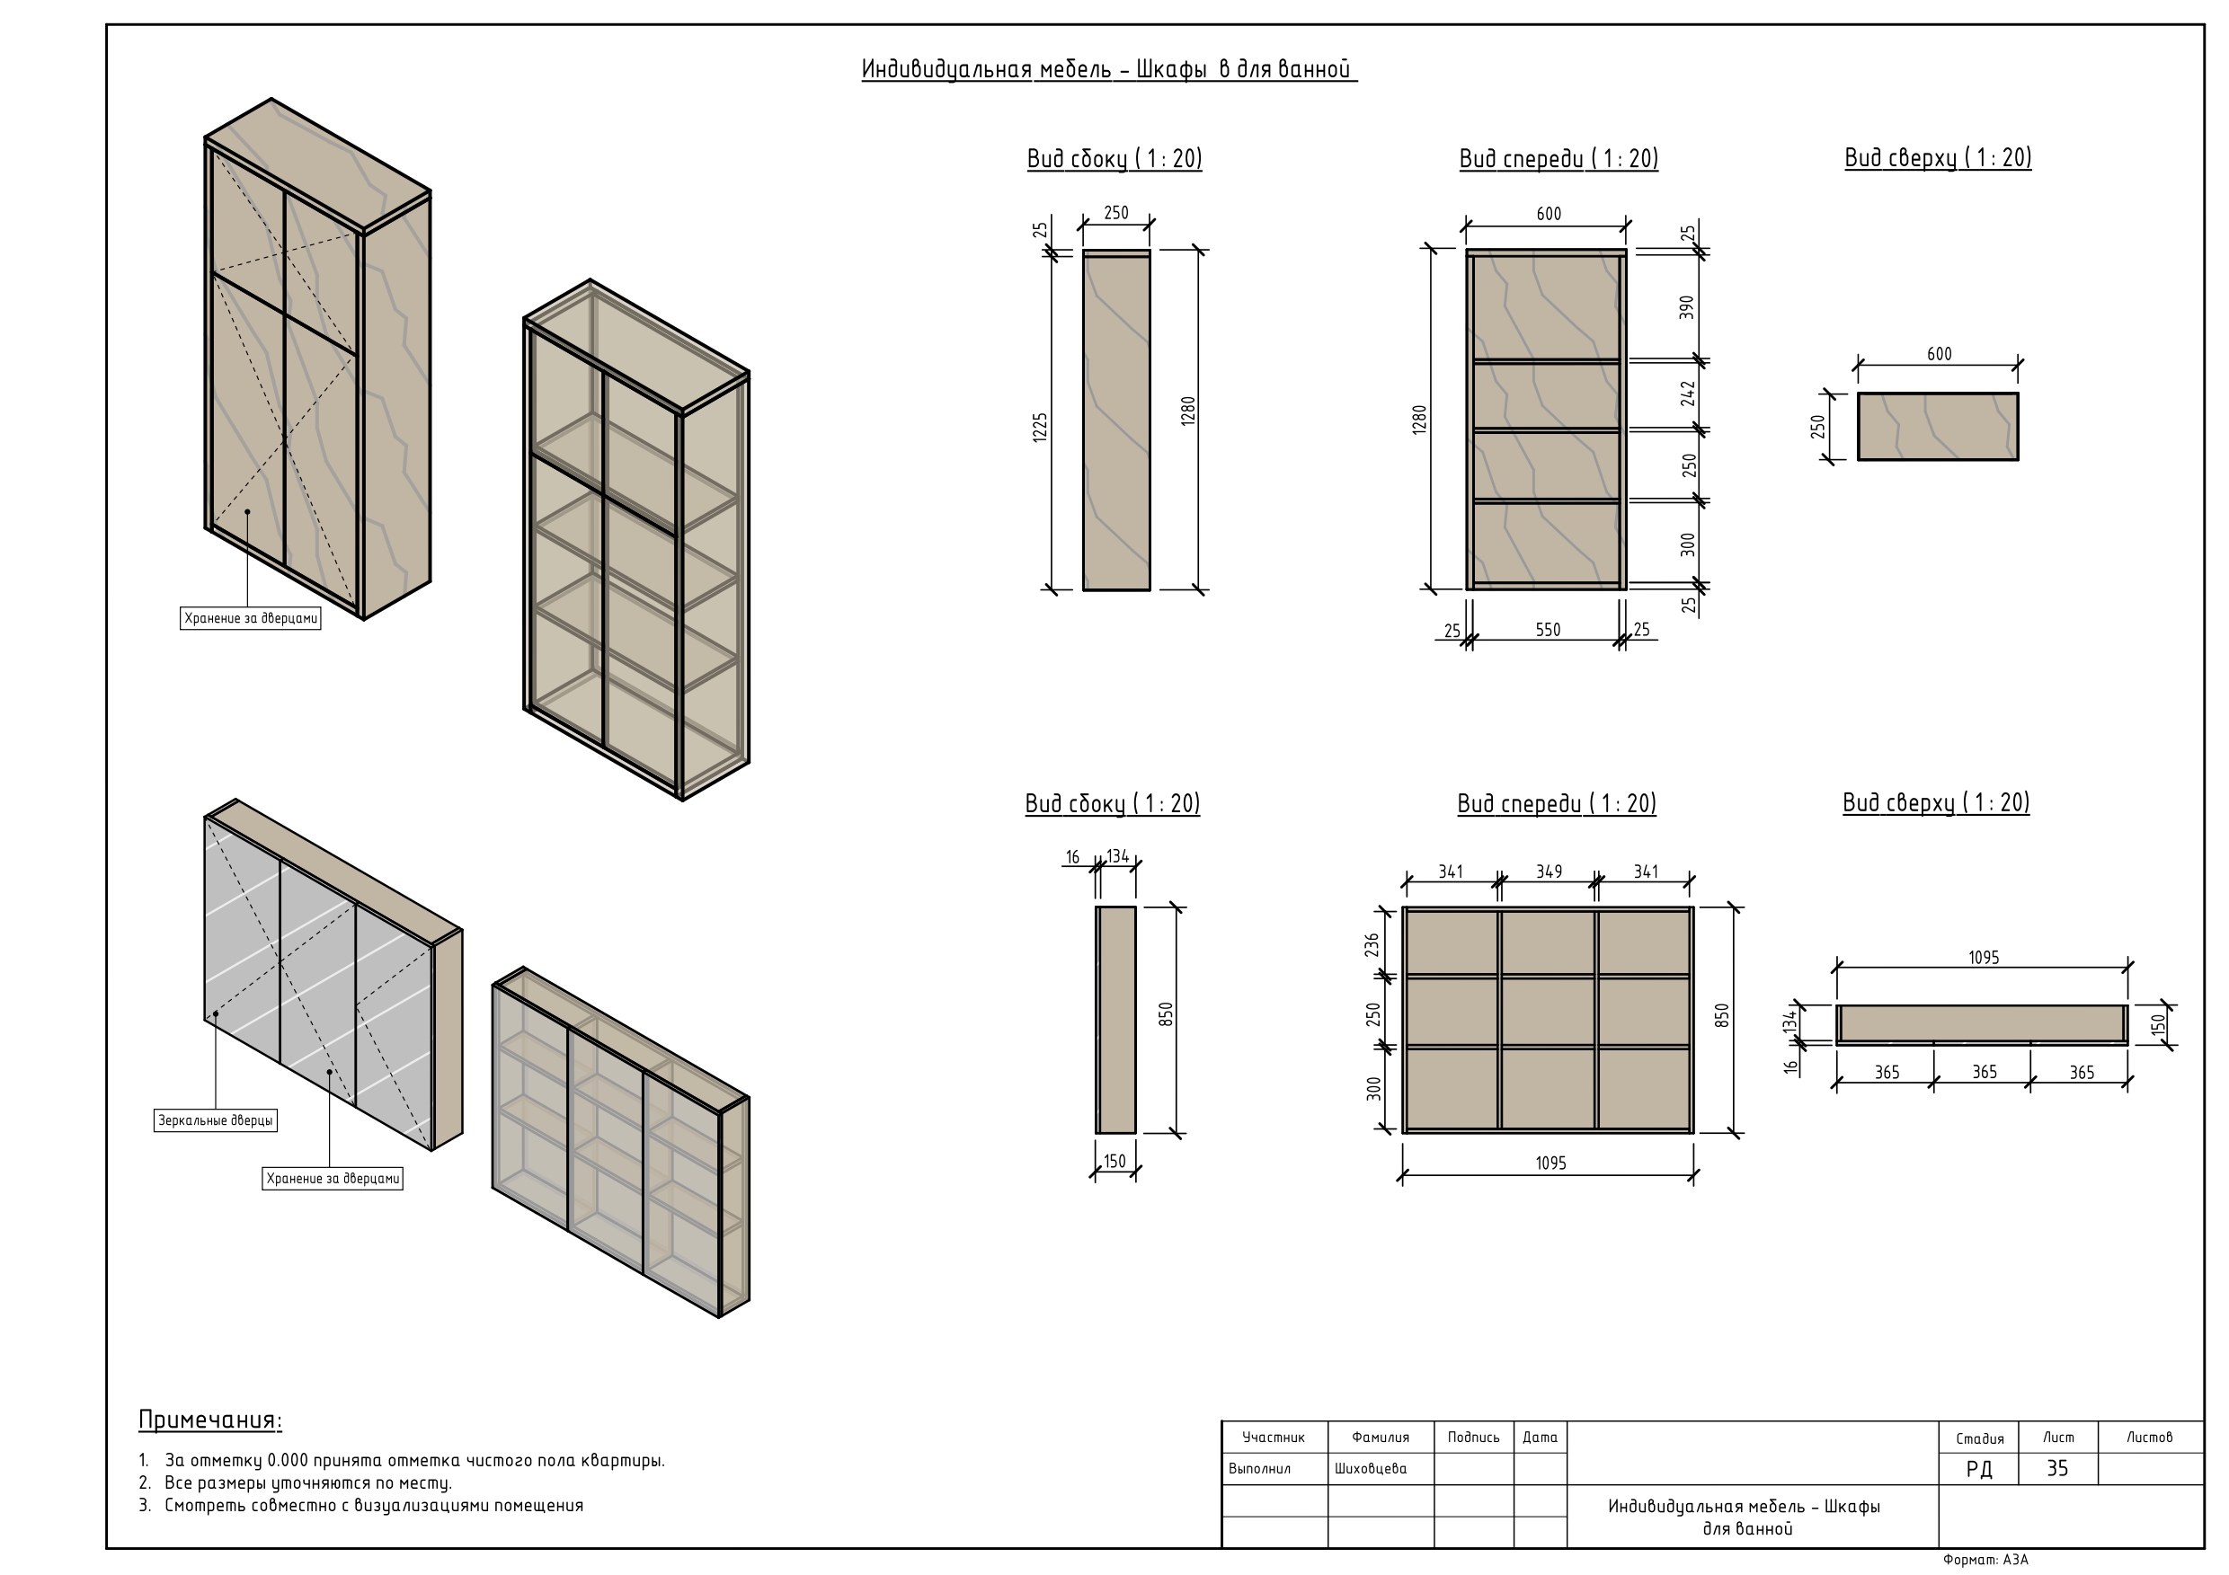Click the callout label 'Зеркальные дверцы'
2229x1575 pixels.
pyautogui.click(x=216, y=1119)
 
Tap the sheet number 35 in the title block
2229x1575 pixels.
pyautogui.click(x=2057, y=1468)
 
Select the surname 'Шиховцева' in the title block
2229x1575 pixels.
pyautogui.click(x=1370, y=1468)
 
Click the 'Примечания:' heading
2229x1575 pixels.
pyautogui.click(x=209, y=1420)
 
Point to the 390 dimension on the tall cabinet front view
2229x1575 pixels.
pyautogui.click(x=1687, y=307)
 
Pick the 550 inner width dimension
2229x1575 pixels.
pyautogui.click(x=1548, y=630)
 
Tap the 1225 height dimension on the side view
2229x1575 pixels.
pyautogui.click(x=1040, y=427)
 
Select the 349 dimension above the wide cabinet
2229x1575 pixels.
pyautogui.click(x=1549, y=872)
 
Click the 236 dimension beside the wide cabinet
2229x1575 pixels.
pyautogui.click(x=1372, y=944)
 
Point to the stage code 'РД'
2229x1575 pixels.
pyautogui.click(x=1978, y=1469)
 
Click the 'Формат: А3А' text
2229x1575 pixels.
pyautogui.click(x=1985, y=1560)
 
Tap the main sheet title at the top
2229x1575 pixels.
pyautogui.click(x=1107, y=70)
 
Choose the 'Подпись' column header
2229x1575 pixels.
pyautogui.click(x=1473, y=1438)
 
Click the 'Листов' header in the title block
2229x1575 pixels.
pyautogui.click(x=2149, y=1438)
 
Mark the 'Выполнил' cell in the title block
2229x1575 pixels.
pyautogui.click(x=1259, y=1468)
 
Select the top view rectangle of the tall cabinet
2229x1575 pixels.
pyautogui.click(x=1938, y=426)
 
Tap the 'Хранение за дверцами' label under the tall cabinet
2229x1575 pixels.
pyautogui.click(x=251, y=618)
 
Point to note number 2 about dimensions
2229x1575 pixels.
pyautogui.click(x=307, y=1482)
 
